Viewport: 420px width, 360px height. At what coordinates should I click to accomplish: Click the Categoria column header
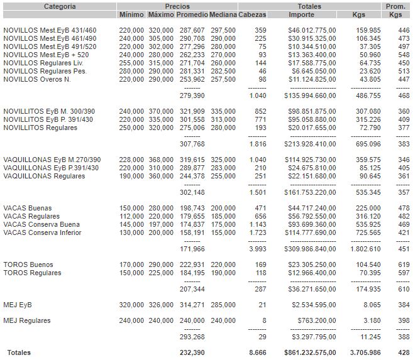60,6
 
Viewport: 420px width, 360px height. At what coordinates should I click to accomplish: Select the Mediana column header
223,14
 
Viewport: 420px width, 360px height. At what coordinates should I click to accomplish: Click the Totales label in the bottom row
19,353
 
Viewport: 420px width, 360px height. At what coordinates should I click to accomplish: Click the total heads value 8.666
258,353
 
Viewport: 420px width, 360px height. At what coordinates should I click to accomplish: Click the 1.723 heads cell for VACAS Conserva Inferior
258,233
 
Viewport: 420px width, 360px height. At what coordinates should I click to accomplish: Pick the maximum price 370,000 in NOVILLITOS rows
160,111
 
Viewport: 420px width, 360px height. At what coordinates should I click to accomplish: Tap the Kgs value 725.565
368,233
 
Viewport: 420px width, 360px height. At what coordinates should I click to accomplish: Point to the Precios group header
177,6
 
